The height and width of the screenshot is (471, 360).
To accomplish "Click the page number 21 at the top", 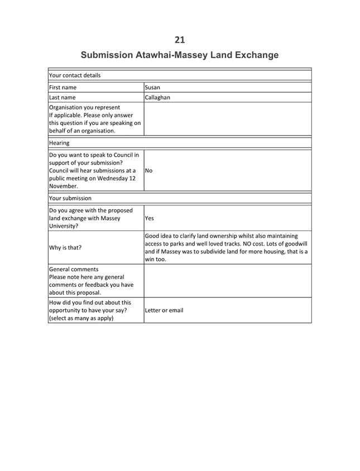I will (x=180, y=39).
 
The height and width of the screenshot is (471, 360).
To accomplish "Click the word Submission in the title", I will (x=107, y=55).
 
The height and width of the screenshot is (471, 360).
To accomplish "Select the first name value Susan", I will (x=152, y=88).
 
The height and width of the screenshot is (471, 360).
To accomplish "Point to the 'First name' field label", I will (x=63, y=88).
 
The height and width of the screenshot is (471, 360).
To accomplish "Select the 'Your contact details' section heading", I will (x=75, y=75).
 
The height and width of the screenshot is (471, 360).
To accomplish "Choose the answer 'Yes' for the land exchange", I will (x=150, y=219).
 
